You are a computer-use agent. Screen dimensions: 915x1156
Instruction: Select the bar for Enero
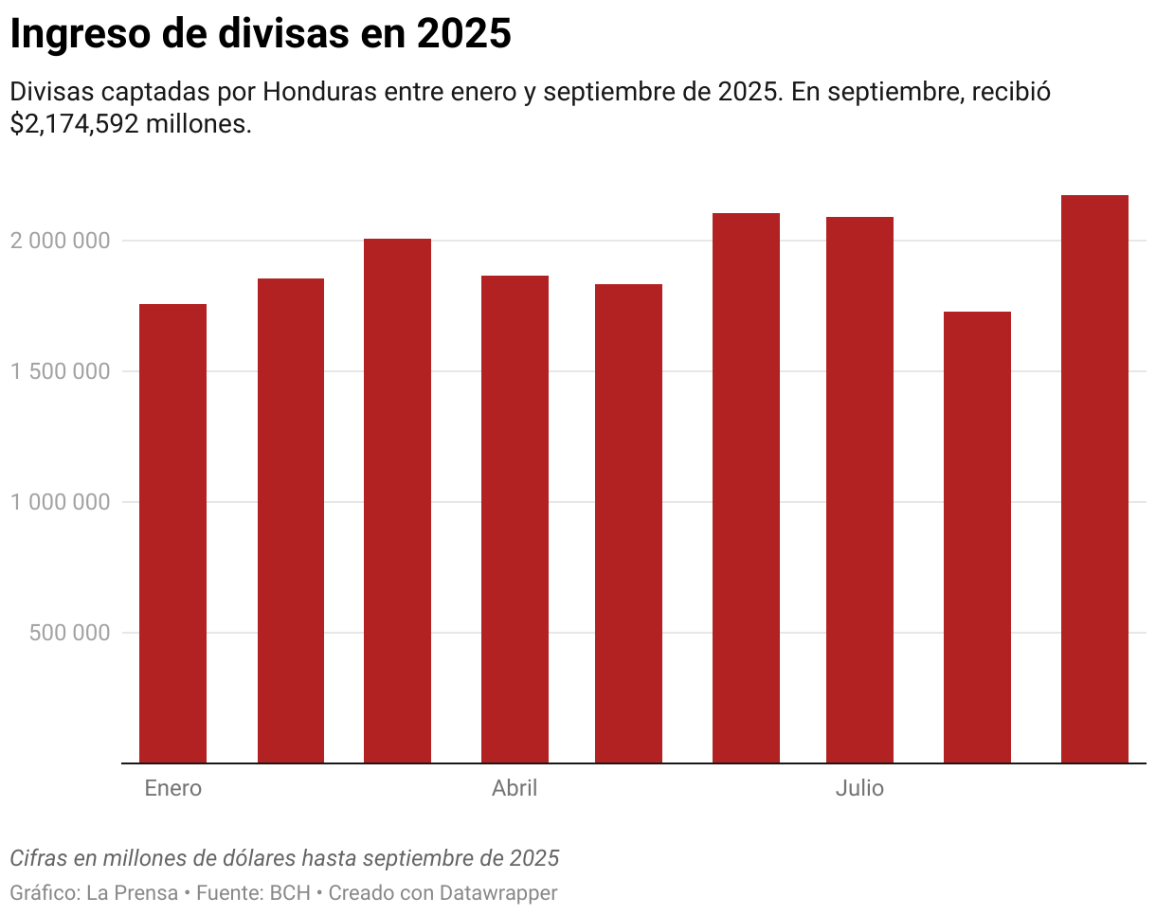tap(172, 533)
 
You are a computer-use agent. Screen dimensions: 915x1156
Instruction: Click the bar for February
tap(291, 521)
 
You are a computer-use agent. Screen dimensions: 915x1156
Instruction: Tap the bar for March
tap(397, 501)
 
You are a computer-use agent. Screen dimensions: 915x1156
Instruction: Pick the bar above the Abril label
tap(515, 519)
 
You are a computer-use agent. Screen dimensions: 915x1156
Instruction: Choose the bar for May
tap(628, 524)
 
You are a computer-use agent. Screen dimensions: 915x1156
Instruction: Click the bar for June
tap(746, 488)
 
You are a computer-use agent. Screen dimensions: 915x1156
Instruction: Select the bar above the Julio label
tap(859, 490)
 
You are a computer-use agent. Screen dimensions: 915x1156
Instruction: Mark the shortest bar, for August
tap(977, 537)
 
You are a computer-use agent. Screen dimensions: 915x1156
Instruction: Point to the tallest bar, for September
tap(1094, 478)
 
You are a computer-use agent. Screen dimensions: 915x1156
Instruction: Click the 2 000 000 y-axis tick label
tap(60, 241)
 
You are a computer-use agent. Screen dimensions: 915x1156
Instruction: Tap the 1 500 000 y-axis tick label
tap(60, 371)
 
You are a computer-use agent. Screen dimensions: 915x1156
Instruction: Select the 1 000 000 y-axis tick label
tap(60, 502)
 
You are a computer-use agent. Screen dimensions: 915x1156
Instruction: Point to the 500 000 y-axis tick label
tap(70, 633)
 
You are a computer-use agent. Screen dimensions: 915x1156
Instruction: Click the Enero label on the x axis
tap(172, 788)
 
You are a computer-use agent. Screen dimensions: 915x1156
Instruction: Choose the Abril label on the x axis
tap(515, 788)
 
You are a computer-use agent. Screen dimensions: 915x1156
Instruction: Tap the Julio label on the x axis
tap(859, 788)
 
